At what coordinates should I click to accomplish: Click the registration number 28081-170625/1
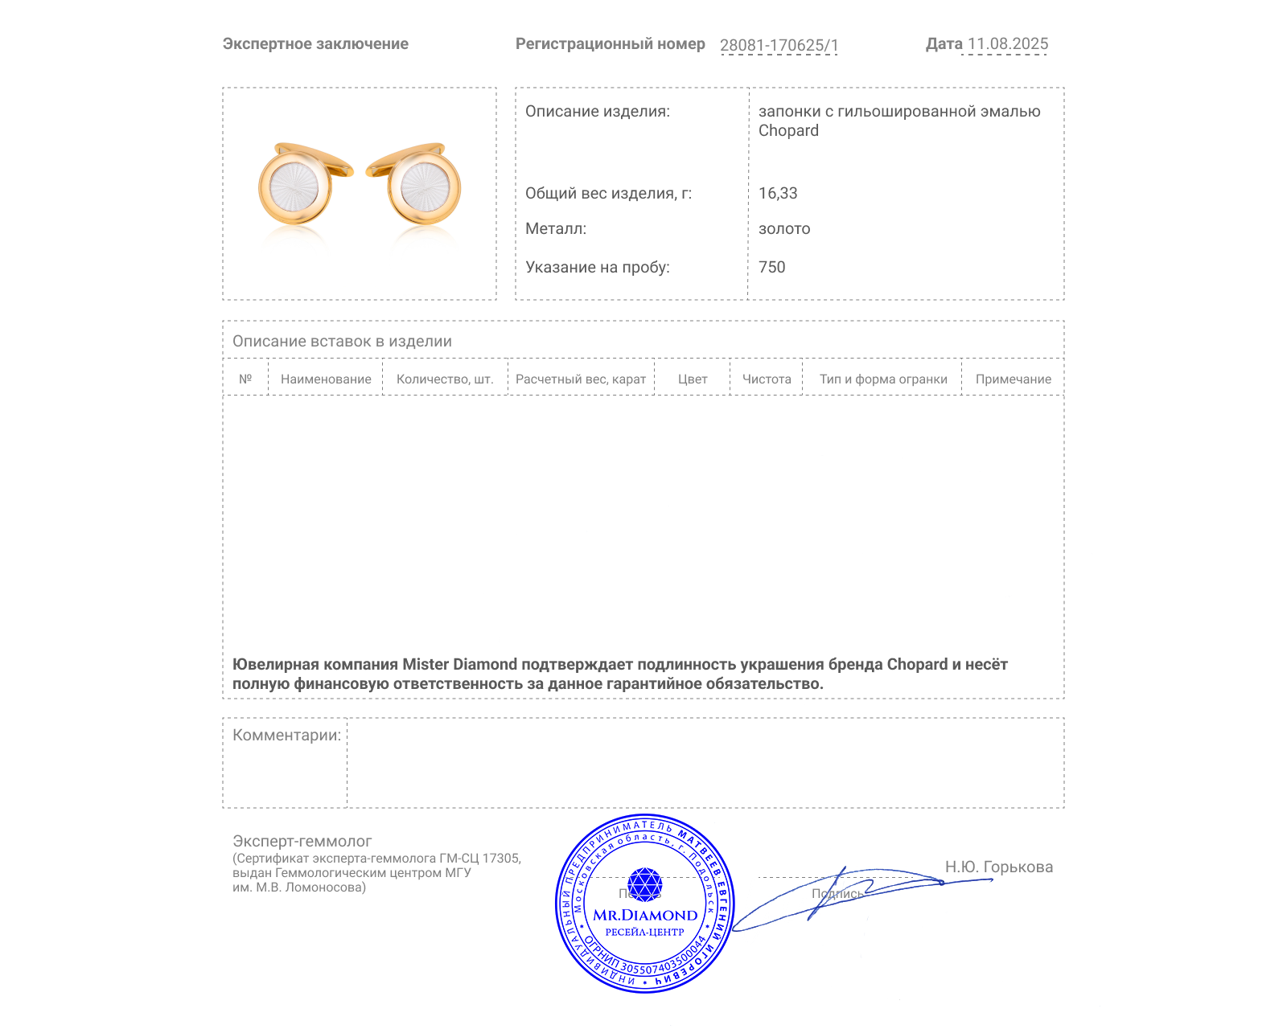(779, 45)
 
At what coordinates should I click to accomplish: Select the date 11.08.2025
(1008, 44)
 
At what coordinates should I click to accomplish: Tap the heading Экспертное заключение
(315, 44)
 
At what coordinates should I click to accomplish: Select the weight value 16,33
(778, 193)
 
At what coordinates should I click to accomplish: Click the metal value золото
(784, 228)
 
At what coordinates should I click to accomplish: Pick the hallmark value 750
(771, 267)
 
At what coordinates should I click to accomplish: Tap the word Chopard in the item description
(788, 131)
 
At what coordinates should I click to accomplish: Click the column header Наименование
(326, 379)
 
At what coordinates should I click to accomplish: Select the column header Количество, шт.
(445, 379)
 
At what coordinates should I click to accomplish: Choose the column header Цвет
(693, 379)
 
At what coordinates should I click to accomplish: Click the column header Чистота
(767, 379)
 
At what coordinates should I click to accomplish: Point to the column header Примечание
(1013, 379)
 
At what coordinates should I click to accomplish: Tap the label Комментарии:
(286, 735)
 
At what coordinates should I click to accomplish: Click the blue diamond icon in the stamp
(644, 884)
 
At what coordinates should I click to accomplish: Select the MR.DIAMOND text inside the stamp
(645, 915)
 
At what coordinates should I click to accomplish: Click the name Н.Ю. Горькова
(998, 867)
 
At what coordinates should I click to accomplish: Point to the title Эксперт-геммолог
(302, 841)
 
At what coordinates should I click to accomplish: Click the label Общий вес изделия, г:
(608, 193)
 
